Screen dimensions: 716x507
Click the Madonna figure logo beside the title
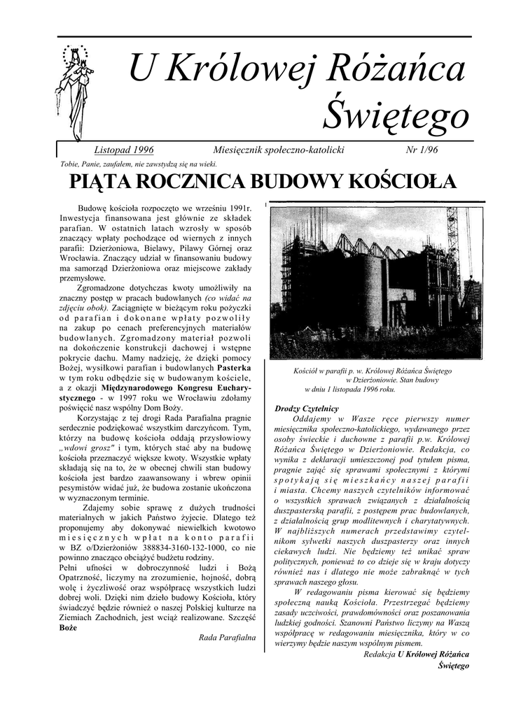[x=71, y=92]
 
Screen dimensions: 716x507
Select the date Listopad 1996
[x=123, y=150]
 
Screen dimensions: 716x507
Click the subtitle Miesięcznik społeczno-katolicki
[x=278, y=150]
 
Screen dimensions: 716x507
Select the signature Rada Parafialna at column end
[x=228, y=638]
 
